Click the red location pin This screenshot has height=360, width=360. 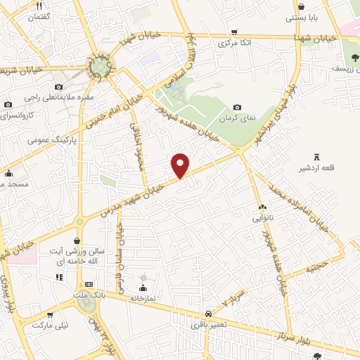click(x=181, y=165)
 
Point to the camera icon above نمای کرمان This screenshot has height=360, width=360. click(x=236, y=105)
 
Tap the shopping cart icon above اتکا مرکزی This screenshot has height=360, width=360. click(x=233, y=32)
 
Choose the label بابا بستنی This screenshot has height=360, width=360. click(x=304, y=18)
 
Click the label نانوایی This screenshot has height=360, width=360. click(x=264, y=218)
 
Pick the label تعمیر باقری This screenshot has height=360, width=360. click(x=209, y=325)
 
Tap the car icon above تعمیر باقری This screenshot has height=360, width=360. click(x=208, y=314)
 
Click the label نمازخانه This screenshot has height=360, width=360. click(x=143, y=298)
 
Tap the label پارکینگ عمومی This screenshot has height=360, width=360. click(x=51, y=139)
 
